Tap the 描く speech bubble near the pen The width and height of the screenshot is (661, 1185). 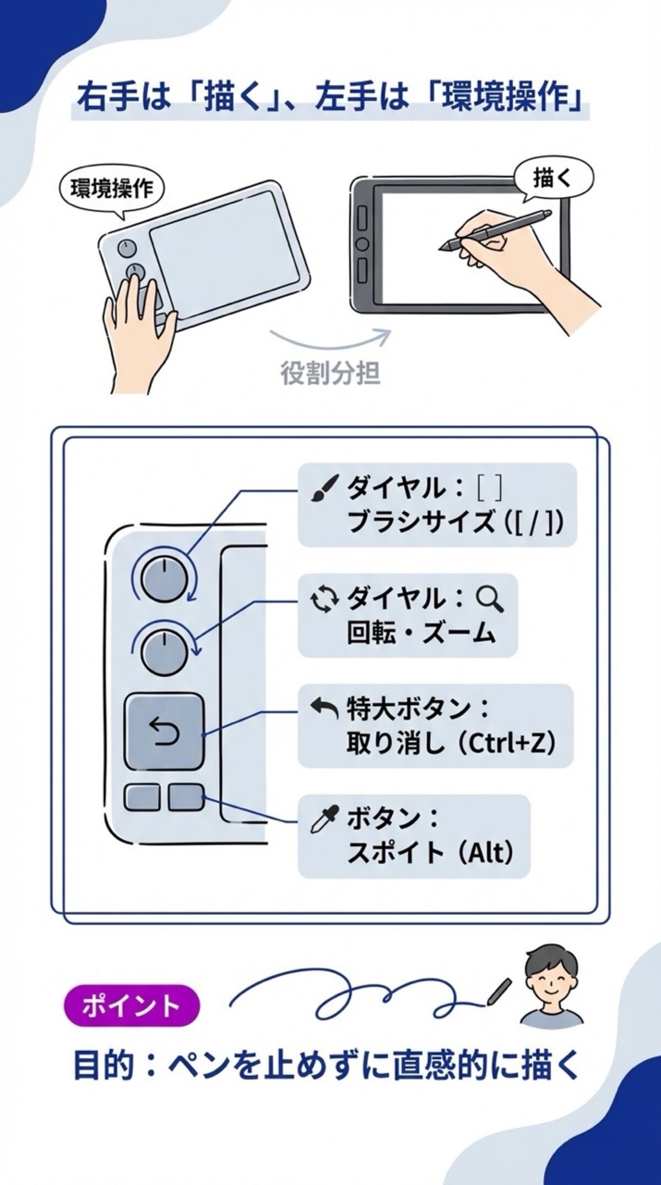pos(553,178)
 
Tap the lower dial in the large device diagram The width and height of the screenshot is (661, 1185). pos(164,653)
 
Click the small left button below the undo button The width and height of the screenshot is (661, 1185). pos(142,797)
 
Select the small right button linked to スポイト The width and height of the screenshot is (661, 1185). pos(186,797)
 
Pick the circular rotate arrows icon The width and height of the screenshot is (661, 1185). pos(323,600)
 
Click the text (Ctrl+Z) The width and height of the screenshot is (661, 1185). pos(507,744)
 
